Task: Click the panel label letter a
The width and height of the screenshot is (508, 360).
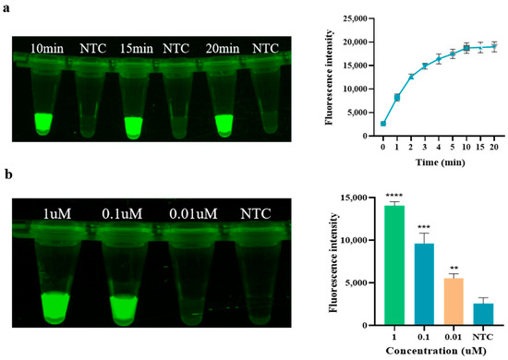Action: [7, 8]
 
